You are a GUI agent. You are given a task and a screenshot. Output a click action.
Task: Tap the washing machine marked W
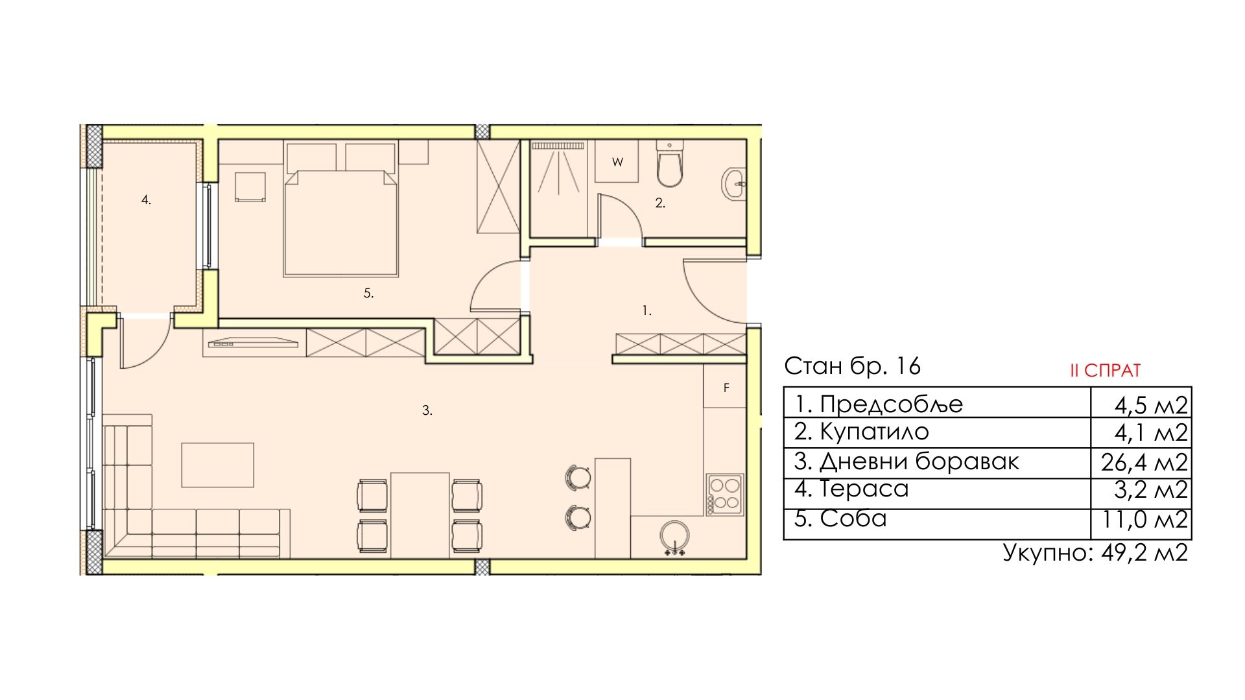tap(617, 161)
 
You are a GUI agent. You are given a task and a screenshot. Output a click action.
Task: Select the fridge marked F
tap(725, 387)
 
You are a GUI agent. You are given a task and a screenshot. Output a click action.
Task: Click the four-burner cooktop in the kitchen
tap(725, 495)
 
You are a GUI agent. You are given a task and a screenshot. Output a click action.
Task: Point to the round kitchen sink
tap(675, 537)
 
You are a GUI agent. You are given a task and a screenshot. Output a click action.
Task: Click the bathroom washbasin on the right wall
tap(734, 184)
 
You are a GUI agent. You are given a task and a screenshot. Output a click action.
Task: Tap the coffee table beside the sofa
tap(217, 465)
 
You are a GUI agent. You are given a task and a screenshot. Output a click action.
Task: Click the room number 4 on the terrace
tap(147, 200)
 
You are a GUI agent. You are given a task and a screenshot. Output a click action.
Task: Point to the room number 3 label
tap(427, 410)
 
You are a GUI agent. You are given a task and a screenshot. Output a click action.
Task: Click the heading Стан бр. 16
tap(852, 366)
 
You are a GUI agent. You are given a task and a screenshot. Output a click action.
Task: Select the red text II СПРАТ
tap(1105, 371)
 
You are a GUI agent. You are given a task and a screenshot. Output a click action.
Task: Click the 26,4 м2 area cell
tap(1144, 463)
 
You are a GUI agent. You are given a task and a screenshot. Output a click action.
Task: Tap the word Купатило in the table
tap(874, 432)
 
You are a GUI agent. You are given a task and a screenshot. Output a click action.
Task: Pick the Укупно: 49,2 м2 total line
tap(1095, 553)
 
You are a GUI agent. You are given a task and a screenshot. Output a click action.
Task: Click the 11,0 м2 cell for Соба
tap(1145, 520)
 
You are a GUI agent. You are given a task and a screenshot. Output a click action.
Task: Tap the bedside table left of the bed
tap(250, 187)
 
